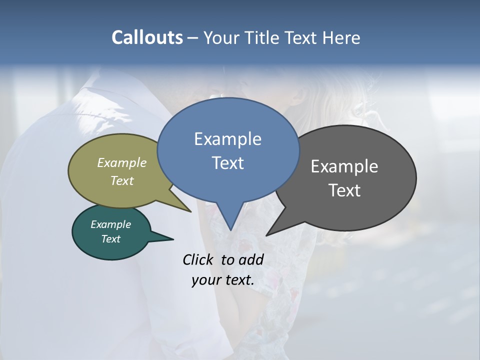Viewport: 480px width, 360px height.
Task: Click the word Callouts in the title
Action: pyautogui.click(x=147, y=37)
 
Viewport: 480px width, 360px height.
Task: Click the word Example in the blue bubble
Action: pyautogui.click(x=227, y=139)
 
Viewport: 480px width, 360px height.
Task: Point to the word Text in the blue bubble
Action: pyautogui.click(x=227, y=163)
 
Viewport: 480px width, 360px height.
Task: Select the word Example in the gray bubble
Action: pyautogui.click(x=344, y=166)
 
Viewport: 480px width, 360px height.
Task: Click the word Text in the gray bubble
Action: pyautogui.click(x=344, y=190)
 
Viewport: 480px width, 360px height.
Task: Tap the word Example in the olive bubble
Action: pyautogui.click(x=121, y=162)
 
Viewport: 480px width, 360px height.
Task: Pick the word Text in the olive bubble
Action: pyautogui.click(x=122, y=180)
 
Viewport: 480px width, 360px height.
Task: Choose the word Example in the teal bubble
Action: pyautogui.click(x=110, y=224)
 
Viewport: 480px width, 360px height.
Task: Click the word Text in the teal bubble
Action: pyautogui.click(x=110, y=239)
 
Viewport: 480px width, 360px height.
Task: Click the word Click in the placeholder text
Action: pyautogui.click(x=197, y=259)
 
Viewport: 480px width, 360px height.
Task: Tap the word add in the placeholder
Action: pyautogui.click(x=250, y=259)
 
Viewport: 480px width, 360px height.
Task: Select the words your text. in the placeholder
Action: pyautogui.click(x=222, y=280)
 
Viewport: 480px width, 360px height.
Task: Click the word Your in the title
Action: pyautogui.click(x=222, y=37)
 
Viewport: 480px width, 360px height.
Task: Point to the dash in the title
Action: pyautogui.click(x=192, y=37)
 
